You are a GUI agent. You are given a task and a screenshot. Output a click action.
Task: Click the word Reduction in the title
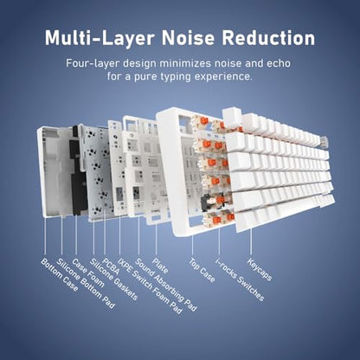point(268,37)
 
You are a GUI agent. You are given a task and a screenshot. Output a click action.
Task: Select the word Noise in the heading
point(188,37)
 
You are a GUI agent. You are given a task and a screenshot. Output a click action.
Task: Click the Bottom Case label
point(60,274)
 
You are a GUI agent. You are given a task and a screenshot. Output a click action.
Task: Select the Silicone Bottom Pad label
point(86,284)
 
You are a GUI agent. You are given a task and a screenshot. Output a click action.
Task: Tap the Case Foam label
point(87,273)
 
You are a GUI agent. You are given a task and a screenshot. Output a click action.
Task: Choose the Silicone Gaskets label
point(113,279)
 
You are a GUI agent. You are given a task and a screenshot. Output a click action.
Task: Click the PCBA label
point(111,266)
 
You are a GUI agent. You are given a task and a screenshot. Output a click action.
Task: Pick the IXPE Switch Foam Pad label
point(151,286)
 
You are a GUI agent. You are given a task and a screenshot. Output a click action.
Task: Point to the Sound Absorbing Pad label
point(166,285)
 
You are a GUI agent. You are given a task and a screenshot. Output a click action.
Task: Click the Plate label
point(160,266)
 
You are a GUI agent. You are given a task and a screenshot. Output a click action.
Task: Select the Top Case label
point(202,270)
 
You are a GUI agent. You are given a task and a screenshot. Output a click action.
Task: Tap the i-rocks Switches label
point(240,280)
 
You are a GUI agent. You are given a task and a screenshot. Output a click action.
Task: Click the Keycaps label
point(260,269)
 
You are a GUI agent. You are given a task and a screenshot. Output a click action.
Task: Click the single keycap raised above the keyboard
point(233,117)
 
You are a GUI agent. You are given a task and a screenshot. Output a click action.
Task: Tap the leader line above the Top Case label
point(192,246)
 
